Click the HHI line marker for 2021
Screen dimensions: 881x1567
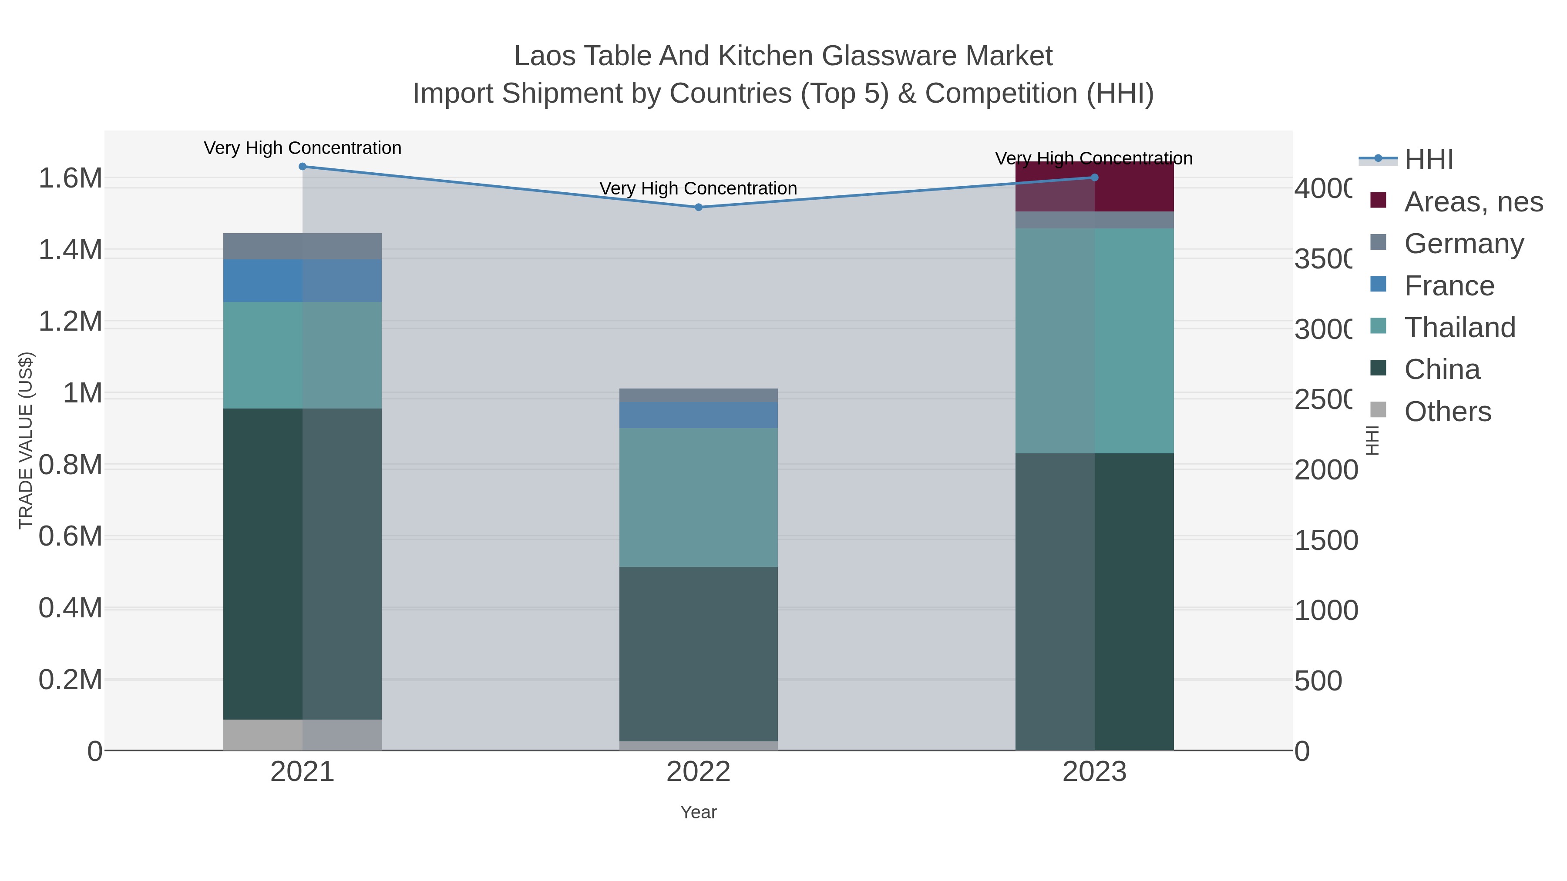(303, 167)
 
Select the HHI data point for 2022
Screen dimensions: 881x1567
(698, 208)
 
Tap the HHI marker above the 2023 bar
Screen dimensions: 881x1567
(1094, 178)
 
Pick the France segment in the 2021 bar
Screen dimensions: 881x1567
(303, 281)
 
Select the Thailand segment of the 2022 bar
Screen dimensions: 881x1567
(698, 497)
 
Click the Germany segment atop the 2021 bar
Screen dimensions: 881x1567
(303, 246)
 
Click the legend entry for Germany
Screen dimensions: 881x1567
(1463, 244)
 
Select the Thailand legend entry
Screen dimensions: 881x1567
(1459, 328)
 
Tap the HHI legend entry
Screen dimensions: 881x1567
(1428, 160)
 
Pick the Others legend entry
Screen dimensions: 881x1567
(1447, 412)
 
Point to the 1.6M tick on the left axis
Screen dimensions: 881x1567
(70, 178)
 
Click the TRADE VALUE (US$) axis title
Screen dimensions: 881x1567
(26, 440)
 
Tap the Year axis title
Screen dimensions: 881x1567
(698, 812)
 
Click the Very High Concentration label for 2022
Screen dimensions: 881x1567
(698, 188)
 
